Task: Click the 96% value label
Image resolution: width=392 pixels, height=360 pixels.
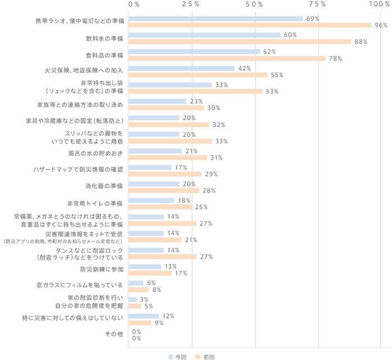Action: [381, 25]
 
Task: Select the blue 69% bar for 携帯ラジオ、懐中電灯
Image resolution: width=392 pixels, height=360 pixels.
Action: [216, 18]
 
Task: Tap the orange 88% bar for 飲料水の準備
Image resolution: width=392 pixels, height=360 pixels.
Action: [240, 41]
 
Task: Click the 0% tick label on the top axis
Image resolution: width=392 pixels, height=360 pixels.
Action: [134, 4]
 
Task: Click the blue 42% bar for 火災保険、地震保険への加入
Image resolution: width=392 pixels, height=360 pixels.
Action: [181, 68]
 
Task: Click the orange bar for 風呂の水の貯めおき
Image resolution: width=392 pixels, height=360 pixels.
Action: [167, 157]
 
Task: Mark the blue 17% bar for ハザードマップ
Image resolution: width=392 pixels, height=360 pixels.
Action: [150, 167]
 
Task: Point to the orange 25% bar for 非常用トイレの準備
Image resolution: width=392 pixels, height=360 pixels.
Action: [160, 207]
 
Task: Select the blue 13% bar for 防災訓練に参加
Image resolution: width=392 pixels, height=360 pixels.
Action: [144, 267]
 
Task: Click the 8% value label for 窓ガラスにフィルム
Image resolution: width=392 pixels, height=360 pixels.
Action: [157, 290]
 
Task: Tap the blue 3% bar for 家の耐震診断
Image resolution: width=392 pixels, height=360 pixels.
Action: [132, 300]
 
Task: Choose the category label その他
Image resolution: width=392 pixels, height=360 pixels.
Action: [114, 334]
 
